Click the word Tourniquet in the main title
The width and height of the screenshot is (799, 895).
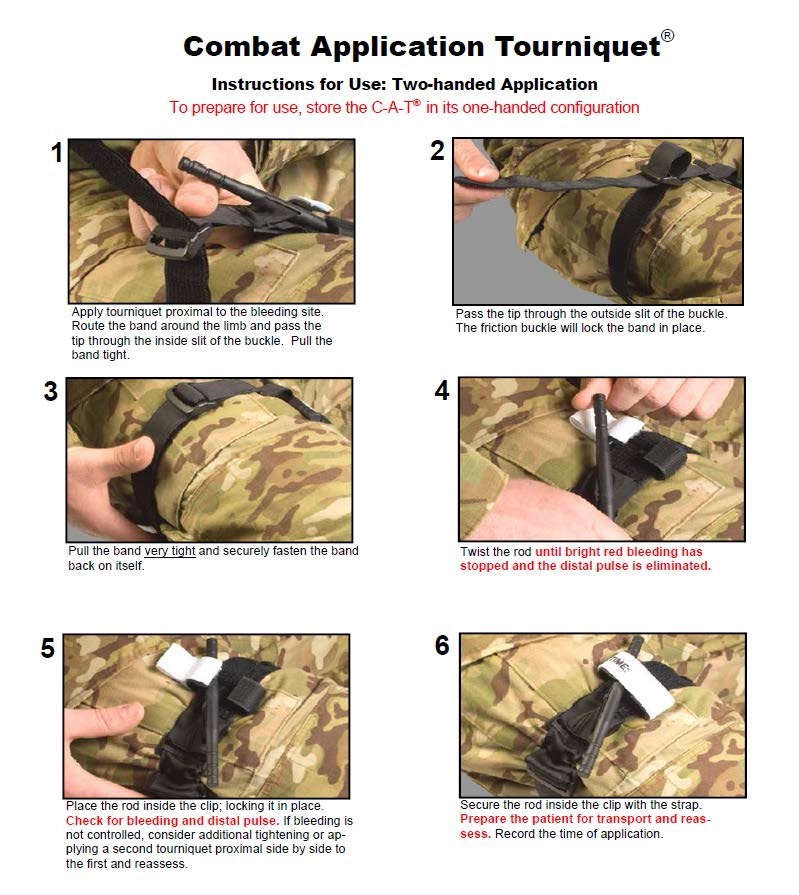pos(578,47)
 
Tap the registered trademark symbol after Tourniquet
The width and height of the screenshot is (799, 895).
pos(667,35)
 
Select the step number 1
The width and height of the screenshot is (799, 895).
pos(57,152)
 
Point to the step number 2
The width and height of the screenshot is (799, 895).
pos(437,151)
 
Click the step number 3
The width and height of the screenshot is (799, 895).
pos(51,392)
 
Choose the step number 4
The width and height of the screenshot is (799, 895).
pos(442,390)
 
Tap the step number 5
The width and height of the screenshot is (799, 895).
pos(48,648)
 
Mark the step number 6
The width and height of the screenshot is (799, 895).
pos(442,646)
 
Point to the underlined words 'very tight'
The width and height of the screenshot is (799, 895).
pos(170,551)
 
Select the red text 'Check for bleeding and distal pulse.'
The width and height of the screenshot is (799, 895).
pos(172,821)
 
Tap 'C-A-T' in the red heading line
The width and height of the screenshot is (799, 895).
pos(394,108)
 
